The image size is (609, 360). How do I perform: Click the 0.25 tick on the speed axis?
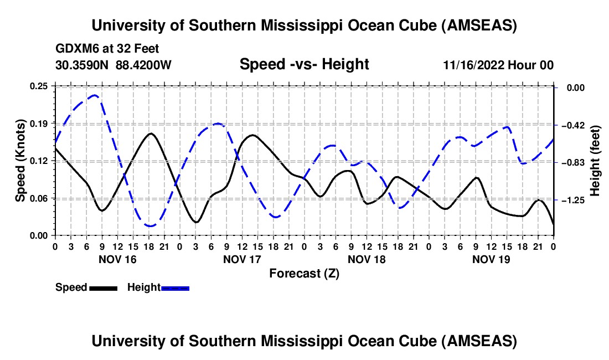click(x=39, y=86)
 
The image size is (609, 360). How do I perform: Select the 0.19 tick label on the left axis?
click(x=39, y=123)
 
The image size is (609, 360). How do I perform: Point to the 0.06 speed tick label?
click(x=39, y=198)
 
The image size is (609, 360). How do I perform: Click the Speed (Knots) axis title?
click(x=20, y=160)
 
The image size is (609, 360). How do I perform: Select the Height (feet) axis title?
click(x=596, y=161)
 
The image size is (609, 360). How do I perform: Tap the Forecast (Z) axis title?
click(x=304, y=273)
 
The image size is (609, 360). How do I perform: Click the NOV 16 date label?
click(x=117, y=259)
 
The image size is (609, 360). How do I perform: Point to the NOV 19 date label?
click(x=491, y=259)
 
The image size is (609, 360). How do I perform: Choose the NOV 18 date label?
click(x=366, y=259)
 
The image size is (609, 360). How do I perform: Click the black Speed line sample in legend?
click(x=103, y=288)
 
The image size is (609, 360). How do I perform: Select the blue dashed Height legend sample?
click(x=176, y=288)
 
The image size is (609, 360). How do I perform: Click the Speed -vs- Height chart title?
click(x=304, y=65)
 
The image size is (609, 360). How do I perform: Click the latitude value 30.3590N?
click(x=83, y=65)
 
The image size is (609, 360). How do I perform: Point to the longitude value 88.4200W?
click(x=143, y=65)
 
